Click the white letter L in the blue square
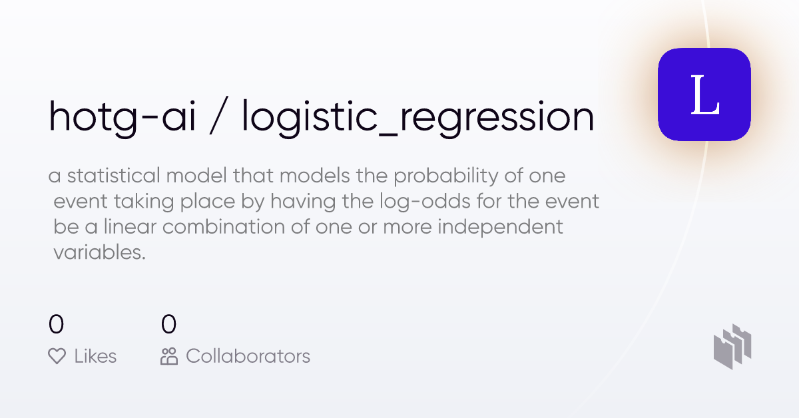[704, 95]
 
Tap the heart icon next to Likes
[57, 356]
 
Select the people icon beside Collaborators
[169, 356]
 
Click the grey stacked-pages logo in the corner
[732, 346]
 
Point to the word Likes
[95, 356]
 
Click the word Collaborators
[248, 356]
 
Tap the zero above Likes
[57, 325]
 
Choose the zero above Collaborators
[169, 325]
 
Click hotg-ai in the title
[122, 116]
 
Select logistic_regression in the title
[417, 116]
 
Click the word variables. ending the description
[99, 252]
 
